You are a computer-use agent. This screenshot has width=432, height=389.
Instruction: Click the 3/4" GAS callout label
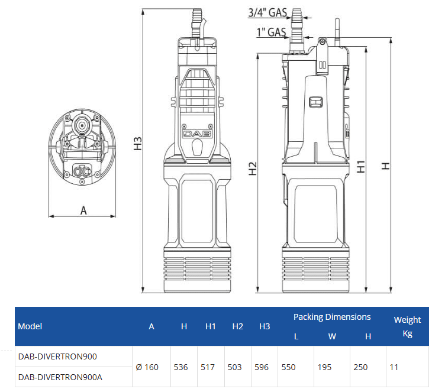(268, 12)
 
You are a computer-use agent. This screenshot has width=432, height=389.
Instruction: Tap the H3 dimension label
(138, 144)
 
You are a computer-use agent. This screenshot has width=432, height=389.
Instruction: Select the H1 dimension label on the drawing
(361, 167)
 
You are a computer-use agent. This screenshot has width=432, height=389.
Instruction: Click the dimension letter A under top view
(83, 210)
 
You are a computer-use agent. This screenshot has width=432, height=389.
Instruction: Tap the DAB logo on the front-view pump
(195, 134)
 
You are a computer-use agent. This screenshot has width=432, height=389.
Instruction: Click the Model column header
(30, 326)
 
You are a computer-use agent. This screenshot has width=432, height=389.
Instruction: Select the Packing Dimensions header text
(332, 317)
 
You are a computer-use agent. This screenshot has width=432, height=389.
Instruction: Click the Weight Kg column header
(407, 326)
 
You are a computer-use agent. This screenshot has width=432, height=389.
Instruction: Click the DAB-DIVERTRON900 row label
(57, 356)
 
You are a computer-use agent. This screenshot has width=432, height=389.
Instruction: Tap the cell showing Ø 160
(147, 367)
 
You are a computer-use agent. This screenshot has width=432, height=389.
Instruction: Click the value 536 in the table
(180, 367)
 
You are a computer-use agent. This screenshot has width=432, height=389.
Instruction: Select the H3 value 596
(261, 367)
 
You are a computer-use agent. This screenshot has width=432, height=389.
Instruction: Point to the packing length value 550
(288, 367)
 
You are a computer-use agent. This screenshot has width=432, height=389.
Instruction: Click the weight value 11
(394, 367)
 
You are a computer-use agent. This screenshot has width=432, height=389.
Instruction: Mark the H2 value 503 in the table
(234, 367)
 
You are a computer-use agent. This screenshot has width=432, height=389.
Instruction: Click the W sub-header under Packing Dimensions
(332, 336)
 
